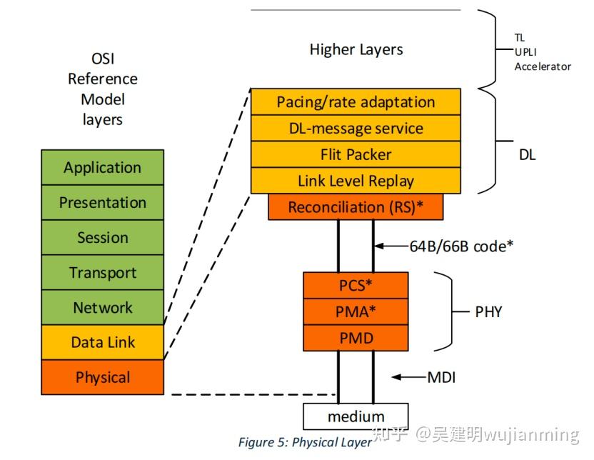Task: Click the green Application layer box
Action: (x=102, y=168)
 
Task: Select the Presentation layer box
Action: (x=102, y=203)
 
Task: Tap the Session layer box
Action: (x=102, y=238)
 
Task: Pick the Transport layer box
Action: (x=102, y=273)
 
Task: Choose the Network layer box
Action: (x=102, y=308)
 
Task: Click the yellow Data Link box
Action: (x=102, y=343)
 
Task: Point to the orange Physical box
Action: (x=102, y=378)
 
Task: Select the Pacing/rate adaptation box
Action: (x=356, y=102)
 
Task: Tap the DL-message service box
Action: (x=356, y=129)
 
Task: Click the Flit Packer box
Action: (x=356, y=154)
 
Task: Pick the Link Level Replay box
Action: (x=356, y=181)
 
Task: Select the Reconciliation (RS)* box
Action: (x=356, y=207)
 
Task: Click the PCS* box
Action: (x=356, y=285)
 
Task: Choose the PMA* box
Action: (x=356, y=311)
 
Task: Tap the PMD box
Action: (x=356, y=337)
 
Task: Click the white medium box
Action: (x=356, y=416)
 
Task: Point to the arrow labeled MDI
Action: (x=408, y=376)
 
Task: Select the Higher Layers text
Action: (x=356, y=49)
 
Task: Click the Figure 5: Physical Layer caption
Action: (x=305, y=442)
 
